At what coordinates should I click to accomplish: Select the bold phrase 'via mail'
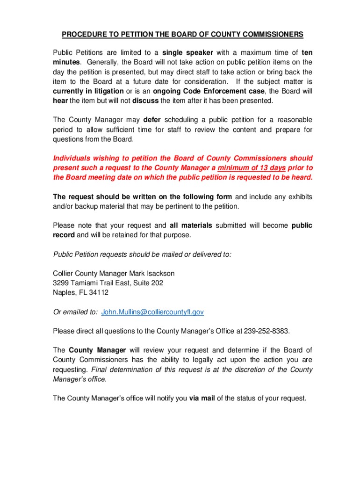pos(202,399)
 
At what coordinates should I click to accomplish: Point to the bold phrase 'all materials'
pos(191,225)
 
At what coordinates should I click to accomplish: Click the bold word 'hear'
pos(60,101)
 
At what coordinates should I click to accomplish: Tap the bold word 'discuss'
pos(146,101)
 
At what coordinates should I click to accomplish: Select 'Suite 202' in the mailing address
pos(148,283)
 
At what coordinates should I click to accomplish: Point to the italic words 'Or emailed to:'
pos(75,312)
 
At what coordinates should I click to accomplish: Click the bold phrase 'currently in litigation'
pos(88,91)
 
